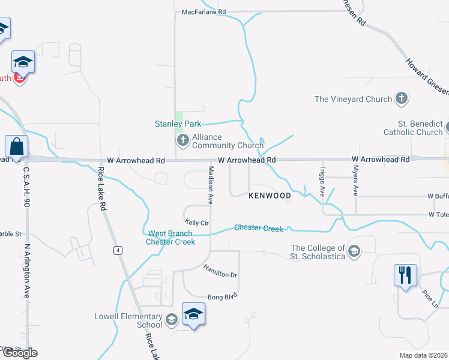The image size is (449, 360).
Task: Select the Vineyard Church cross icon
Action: pos(402,99)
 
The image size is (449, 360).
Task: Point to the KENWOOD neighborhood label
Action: pos(270,196)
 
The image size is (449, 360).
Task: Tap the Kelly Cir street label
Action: pos(196,223)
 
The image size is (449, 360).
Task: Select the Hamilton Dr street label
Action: pos(220,271)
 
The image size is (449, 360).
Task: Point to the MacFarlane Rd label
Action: pos(204,11)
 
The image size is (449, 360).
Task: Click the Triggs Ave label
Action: pos(322,181)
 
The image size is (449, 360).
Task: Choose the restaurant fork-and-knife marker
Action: pos(405,275)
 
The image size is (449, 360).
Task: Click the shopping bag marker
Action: pos(16,146)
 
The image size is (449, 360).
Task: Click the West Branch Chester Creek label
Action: pos(170,238)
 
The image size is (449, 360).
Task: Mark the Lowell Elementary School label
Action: pos(128,320)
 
